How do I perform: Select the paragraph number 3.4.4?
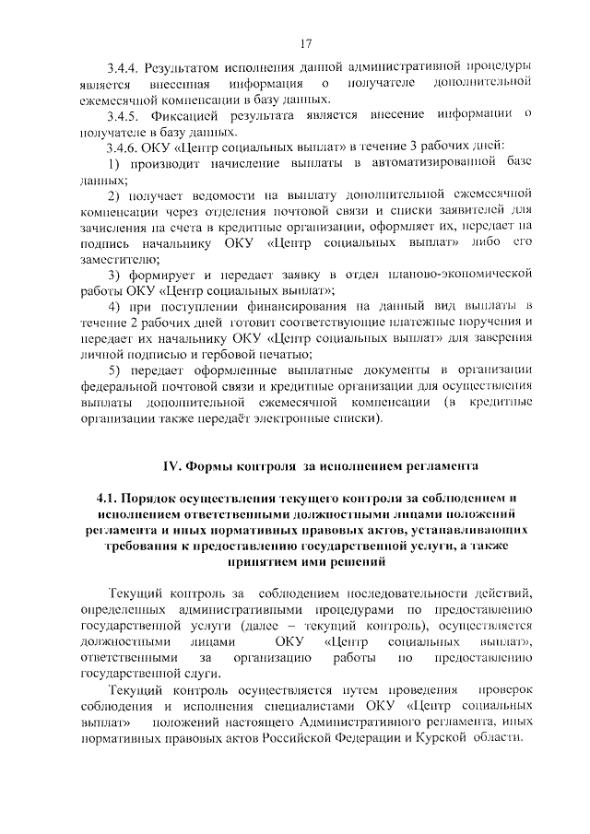point(124,67)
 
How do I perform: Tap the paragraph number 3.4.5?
point(124,115)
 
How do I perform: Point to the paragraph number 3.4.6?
point(124,147)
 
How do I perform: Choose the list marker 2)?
point(114,196)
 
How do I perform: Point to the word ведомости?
point(219,196)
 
